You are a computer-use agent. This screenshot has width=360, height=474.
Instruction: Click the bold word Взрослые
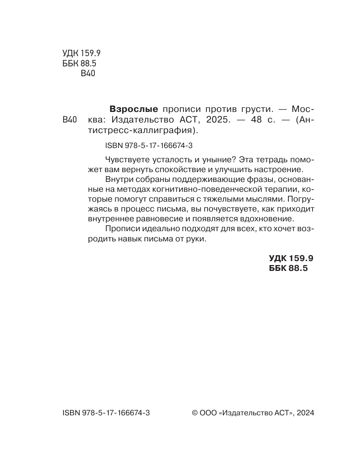pos(134,109)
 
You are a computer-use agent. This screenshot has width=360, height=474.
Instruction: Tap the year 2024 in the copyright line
pos(305,413)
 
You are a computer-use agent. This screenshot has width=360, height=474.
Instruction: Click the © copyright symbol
pos(195,413)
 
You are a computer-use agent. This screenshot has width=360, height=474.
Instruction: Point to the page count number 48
pos(257,120)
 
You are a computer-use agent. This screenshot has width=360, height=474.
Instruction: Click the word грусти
pos(257,109)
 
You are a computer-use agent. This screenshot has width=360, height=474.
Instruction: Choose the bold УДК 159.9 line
pos(291,258)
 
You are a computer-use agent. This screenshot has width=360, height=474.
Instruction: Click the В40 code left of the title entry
pos(69,120)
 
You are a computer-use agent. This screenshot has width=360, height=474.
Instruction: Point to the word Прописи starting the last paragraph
pos(120,229)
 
